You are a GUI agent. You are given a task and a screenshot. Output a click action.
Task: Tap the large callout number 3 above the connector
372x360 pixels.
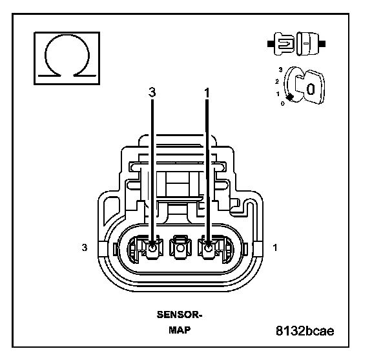pyautogui.click(x=152, y=92)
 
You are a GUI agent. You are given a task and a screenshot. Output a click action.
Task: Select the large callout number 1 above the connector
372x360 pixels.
pyautogui.click(x=207, y=93)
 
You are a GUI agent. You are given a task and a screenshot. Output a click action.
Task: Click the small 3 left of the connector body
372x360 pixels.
pyautogui.click(x=85, y=247)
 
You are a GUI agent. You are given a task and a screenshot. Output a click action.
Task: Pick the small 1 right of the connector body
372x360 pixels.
pyautogui.click(x=275, y=248)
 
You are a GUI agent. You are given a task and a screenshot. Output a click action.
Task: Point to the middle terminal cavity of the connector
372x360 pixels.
pyautogui.click(x=180, y=248)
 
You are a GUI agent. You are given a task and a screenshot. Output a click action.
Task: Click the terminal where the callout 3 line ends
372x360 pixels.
pyautogui.click(x=152, y=248)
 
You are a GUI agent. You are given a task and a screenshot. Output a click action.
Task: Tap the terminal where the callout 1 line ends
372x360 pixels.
pyautogui.click(x=209, y=248)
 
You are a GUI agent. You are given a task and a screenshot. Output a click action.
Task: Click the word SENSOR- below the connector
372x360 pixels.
pyautogui.click(x=180, y=315)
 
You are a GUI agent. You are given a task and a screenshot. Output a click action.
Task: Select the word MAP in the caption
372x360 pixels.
pyautogui.click(x=180, y=330)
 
